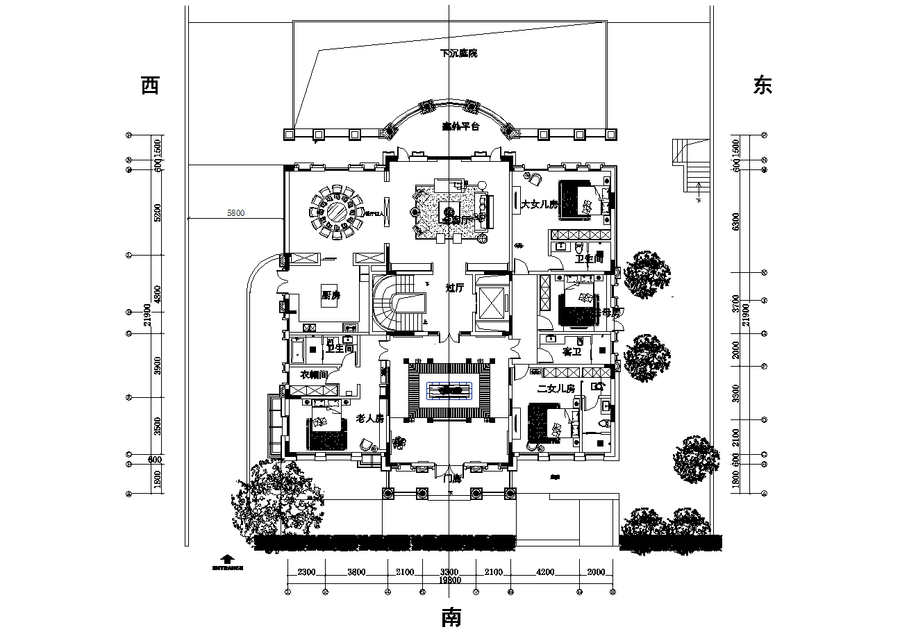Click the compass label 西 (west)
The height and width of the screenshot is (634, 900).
click(x=150, y=85)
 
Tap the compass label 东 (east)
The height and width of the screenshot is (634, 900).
click(x=762, y=85)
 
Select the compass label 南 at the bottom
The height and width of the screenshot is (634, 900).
click(x=451, y=617)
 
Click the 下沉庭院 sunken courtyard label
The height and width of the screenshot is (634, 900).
click(x=459, y=53)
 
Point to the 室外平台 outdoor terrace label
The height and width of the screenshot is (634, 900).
click(x=460, y=127)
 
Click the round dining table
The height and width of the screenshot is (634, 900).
click(x=337, y=211)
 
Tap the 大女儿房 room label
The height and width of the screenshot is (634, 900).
click(x=540, y=205)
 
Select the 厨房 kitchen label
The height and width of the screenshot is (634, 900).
click(x=331, y=295)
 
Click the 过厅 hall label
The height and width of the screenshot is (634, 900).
click(x=455, y=287)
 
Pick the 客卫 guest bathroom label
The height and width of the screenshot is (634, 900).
click(x=572, y=353)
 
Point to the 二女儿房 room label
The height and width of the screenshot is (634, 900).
click(x=556, y=389)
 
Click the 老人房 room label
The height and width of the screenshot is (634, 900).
click(x=370, y=419)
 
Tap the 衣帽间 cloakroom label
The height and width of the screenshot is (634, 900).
click(x=314, y=375)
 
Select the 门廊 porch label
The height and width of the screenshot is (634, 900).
click(x=452, y=478)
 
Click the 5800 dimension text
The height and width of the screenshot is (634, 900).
click(x=236, y=214)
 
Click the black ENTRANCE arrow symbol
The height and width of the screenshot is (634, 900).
click(x=226, y=558)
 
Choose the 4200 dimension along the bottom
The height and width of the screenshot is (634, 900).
click(x=546, y=573)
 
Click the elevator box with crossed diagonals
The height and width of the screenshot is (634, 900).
click(x=493, y=301)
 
